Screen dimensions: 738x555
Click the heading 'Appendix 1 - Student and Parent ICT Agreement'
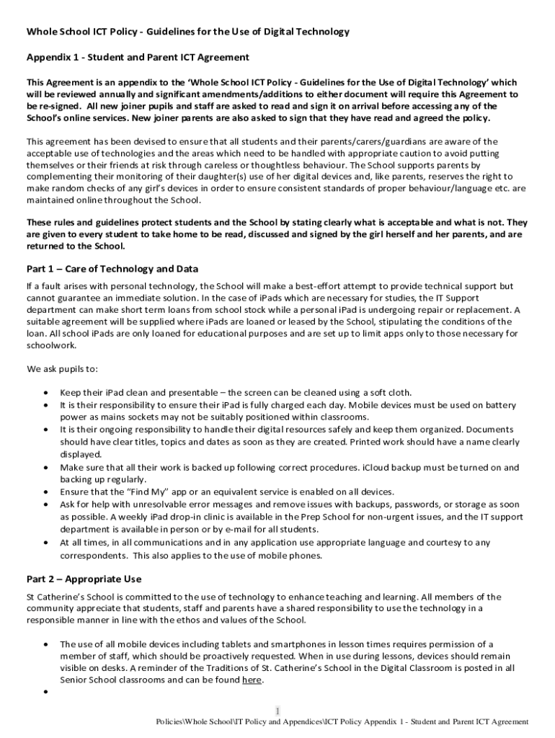coord(138,57)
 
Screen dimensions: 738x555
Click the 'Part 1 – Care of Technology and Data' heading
coord(112,269)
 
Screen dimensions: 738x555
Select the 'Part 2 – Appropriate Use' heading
coord(84,579)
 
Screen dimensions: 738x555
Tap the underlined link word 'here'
coord(252,680)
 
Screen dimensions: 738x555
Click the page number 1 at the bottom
coord(277,711)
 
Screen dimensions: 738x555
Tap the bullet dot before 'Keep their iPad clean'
coord(46,393)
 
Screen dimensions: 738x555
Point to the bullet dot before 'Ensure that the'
coord(46,492)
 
